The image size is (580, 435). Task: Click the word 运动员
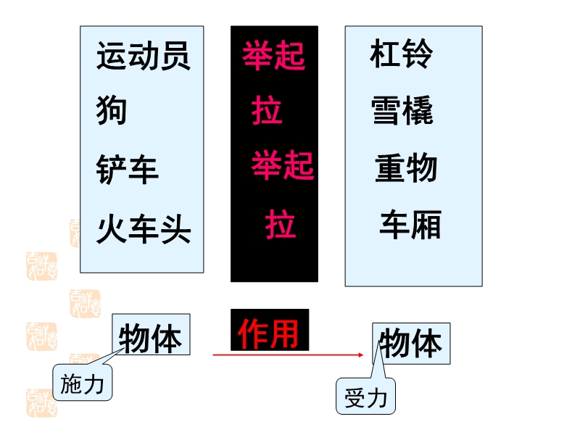coord(144,57)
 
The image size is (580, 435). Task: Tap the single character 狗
coord(112,111)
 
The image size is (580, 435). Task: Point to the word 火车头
coord(144,231)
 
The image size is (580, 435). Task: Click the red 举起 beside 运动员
coord(273,57)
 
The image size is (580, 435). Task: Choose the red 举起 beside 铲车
coord(283,165)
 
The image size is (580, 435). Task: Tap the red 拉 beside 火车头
coord(281,224)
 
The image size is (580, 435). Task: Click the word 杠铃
coord(401,54)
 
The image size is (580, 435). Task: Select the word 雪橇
coord(402,111)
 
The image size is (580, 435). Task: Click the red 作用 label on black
coord(269,333)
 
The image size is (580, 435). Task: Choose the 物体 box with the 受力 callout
coord(411,344)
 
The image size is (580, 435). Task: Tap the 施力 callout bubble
coord(83,384)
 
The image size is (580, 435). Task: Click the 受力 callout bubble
coord(366,397)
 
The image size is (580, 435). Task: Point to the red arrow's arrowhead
coord(360,355)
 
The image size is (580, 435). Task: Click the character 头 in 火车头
coord(176,231)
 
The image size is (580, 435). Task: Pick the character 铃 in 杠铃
coord(418,54)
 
